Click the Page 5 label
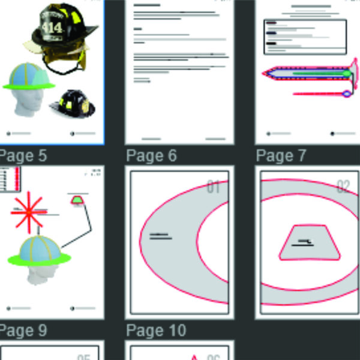coord(23,156)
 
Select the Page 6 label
coord(152,156)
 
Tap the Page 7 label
coord(281,156)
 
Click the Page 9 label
coord(23,331)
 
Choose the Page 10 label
coord(155,331)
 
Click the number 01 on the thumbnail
coord(214,187)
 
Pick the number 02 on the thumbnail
coord(343,187)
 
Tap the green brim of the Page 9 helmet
coord(40,259)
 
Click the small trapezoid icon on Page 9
coord(77,199)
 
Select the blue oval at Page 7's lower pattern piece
coord(346,93)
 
